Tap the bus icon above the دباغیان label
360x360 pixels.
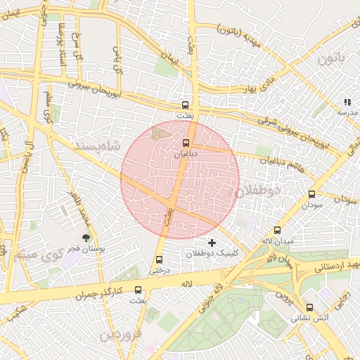click(186, 142)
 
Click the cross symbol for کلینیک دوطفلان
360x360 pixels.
click(212, 242)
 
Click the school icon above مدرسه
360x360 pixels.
click(347, 102)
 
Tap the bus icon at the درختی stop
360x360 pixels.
click(160, 259)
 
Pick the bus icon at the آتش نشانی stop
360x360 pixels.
click(309, 307)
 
